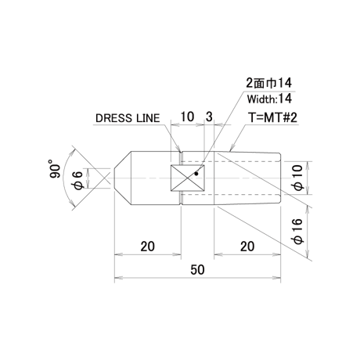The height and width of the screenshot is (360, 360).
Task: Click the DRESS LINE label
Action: pyautogui.click(x=128, y=118)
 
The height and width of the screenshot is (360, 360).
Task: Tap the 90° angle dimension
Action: pyautogui.click(x=55, y=168)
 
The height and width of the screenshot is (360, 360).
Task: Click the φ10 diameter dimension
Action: pyautogui.click(x=297, y=178)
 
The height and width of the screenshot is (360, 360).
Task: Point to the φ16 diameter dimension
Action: pyautogui.click(x=297, y=232)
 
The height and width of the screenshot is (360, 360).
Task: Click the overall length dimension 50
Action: pyautogui.click(x=197, y=269)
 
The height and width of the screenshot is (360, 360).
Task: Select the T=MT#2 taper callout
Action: pyautogui.click(x=272, y=117)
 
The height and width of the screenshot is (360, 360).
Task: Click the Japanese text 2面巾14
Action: pyautogui.click(x=269, y=83)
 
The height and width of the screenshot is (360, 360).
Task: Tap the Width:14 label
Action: pyautogui.click(x=269, y=99)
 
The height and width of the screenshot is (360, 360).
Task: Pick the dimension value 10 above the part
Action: pyautogui.click(x=187, y=117)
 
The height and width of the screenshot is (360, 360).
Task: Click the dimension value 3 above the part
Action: pyautogui.click(x=209, y=117)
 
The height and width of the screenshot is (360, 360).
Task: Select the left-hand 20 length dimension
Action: pyautogui.click(x=148, y=247)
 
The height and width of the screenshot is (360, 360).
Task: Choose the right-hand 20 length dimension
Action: pyautogui.click(x=247, y=247)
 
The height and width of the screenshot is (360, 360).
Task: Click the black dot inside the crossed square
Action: pyautogui.click(x=196, y=174)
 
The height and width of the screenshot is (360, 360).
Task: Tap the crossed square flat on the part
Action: pyautogui.click(x=187, y=178)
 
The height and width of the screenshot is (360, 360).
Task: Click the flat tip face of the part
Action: pyautogui.click(x=115, y=178)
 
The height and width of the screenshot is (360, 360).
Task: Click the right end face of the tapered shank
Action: pyautogui.click(x=281, y=178)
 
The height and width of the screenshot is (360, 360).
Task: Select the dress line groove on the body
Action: pyautogui.click(x=182, y=178)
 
